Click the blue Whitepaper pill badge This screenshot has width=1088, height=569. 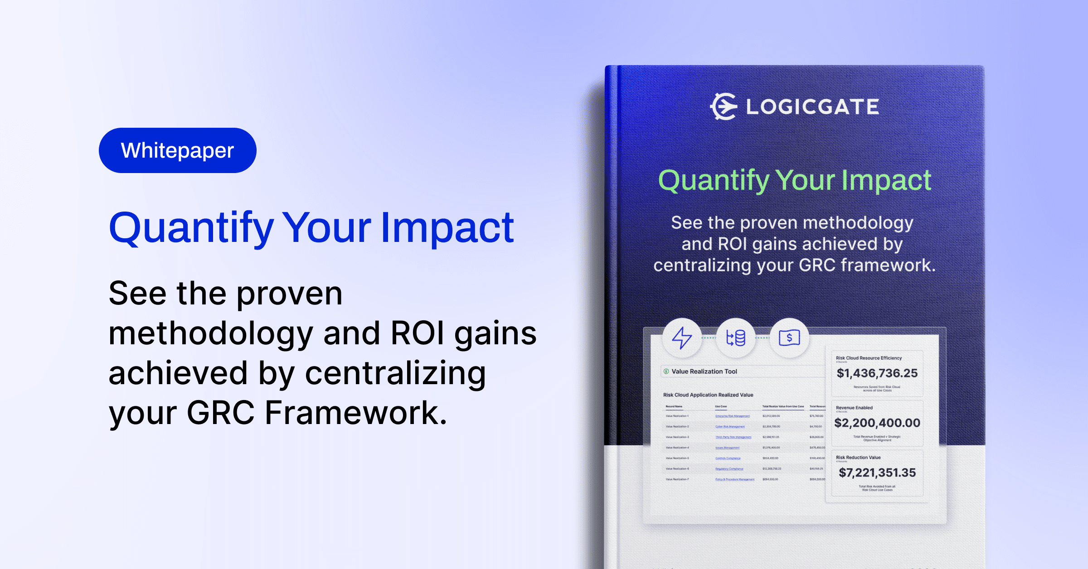tap(177, 150)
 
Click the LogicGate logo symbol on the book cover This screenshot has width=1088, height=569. tap(724, 107)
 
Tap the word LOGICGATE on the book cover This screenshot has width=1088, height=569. tap(812, 107)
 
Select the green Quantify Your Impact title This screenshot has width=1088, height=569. tap(794, 180)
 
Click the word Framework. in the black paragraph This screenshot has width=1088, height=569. tap(356, 413)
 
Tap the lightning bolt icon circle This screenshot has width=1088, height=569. tap(682, 338)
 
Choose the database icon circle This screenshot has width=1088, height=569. tap(735, 338)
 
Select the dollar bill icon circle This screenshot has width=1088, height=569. tap(789, 338)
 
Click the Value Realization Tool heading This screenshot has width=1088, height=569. tap(704, 371)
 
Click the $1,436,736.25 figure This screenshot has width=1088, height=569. tap(877, 373)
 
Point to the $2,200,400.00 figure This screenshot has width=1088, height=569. tap(877, 423)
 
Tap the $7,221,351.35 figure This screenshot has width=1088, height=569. tap(877, 473)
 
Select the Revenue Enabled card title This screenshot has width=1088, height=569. tap(854, 408)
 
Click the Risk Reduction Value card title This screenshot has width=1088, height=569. tap(858, 458)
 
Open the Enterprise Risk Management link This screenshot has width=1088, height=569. tap(732, 416)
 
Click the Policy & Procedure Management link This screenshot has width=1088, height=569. tap(735, 479)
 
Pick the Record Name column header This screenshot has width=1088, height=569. tap(674, 406)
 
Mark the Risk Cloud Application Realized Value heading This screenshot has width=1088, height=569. tap(708, 395)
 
